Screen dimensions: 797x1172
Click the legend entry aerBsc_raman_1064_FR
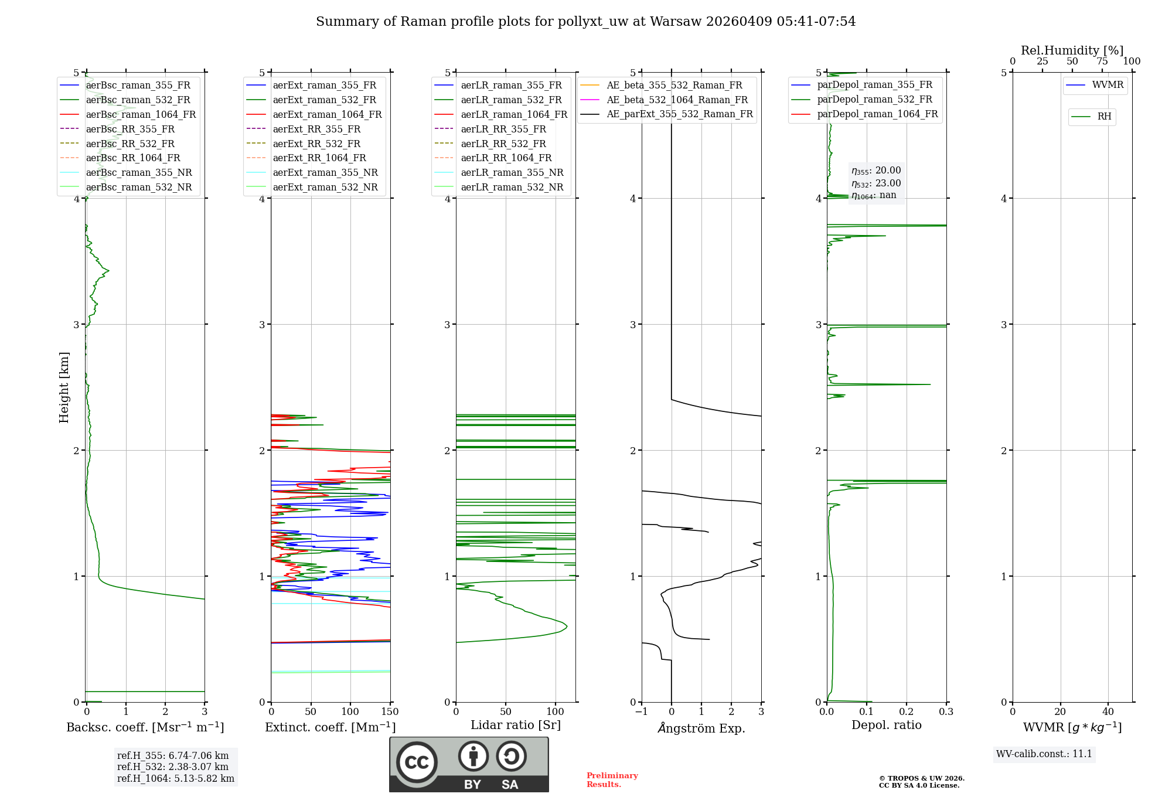click(x=141, y=115)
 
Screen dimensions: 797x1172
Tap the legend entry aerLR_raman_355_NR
click(x=512, y=173)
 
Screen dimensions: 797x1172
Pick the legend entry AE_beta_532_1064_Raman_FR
click(x=677, y=100)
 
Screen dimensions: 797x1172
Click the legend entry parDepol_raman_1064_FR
click(x=877, y=114)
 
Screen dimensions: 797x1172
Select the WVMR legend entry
click(x=1108, y=86)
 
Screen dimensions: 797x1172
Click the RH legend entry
click(x=1104, y=117)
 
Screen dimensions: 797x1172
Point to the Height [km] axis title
click(x=64, y=387)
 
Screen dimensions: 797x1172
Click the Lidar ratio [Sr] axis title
click(x=516, y=726)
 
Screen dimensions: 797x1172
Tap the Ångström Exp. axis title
click(x=701, y=728)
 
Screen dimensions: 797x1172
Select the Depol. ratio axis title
click(x=886, y=726)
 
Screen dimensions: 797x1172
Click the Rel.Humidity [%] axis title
click(x=1072, y=50)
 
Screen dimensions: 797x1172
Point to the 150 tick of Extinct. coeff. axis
click(x=390, y=712)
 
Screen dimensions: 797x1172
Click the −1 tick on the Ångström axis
click(x=642, y=712)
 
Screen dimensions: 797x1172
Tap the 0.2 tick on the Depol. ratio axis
click(x=907, y=712)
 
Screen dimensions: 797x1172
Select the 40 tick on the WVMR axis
click(x=1108, y=712)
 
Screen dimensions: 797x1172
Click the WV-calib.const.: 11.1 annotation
click(x=1044, y=754)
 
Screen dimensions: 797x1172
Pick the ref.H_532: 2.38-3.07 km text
click(x=173, y=767)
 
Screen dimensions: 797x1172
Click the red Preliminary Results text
click(x=612, y=780)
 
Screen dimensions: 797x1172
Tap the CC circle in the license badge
click(x=417, y=762)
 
